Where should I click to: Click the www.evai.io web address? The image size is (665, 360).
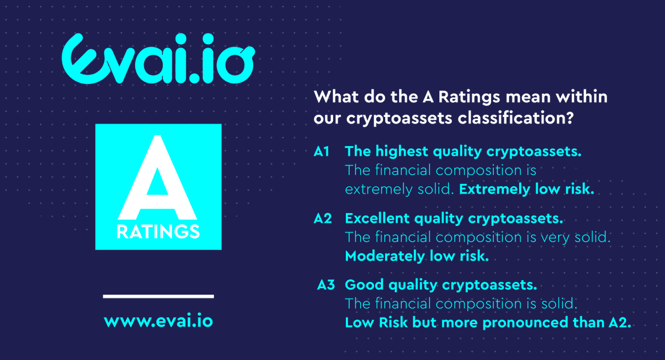(x=158, y=321)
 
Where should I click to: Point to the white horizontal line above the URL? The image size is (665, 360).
(x=158, y=296)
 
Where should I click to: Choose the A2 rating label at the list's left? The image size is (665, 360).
(x=323, y=218)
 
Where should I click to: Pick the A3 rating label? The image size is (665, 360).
(x=326, y=285)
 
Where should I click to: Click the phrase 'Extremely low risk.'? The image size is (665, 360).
(x=526, y=189)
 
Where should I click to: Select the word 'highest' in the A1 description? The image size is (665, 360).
(x=398, y=152)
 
